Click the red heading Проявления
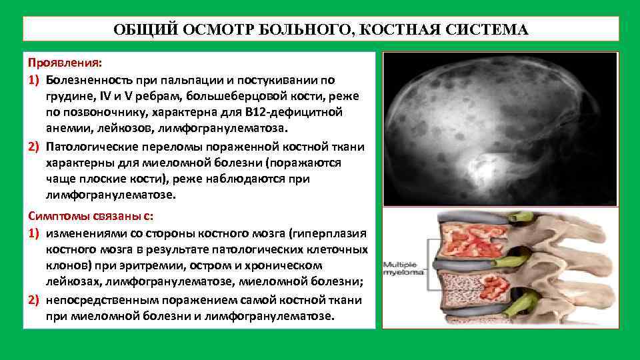pos(65,63)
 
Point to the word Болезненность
pos(89,80)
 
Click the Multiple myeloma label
pos(403,269)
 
